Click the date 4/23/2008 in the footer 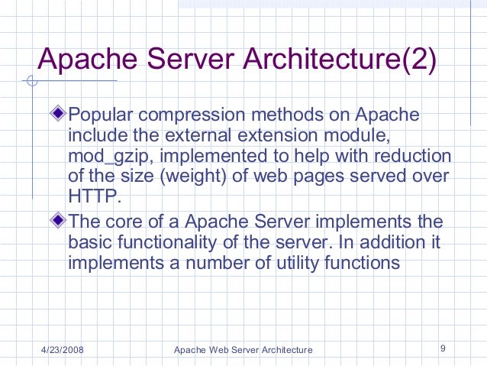[x=63, y=350]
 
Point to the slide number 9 [x=443, y=349]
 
